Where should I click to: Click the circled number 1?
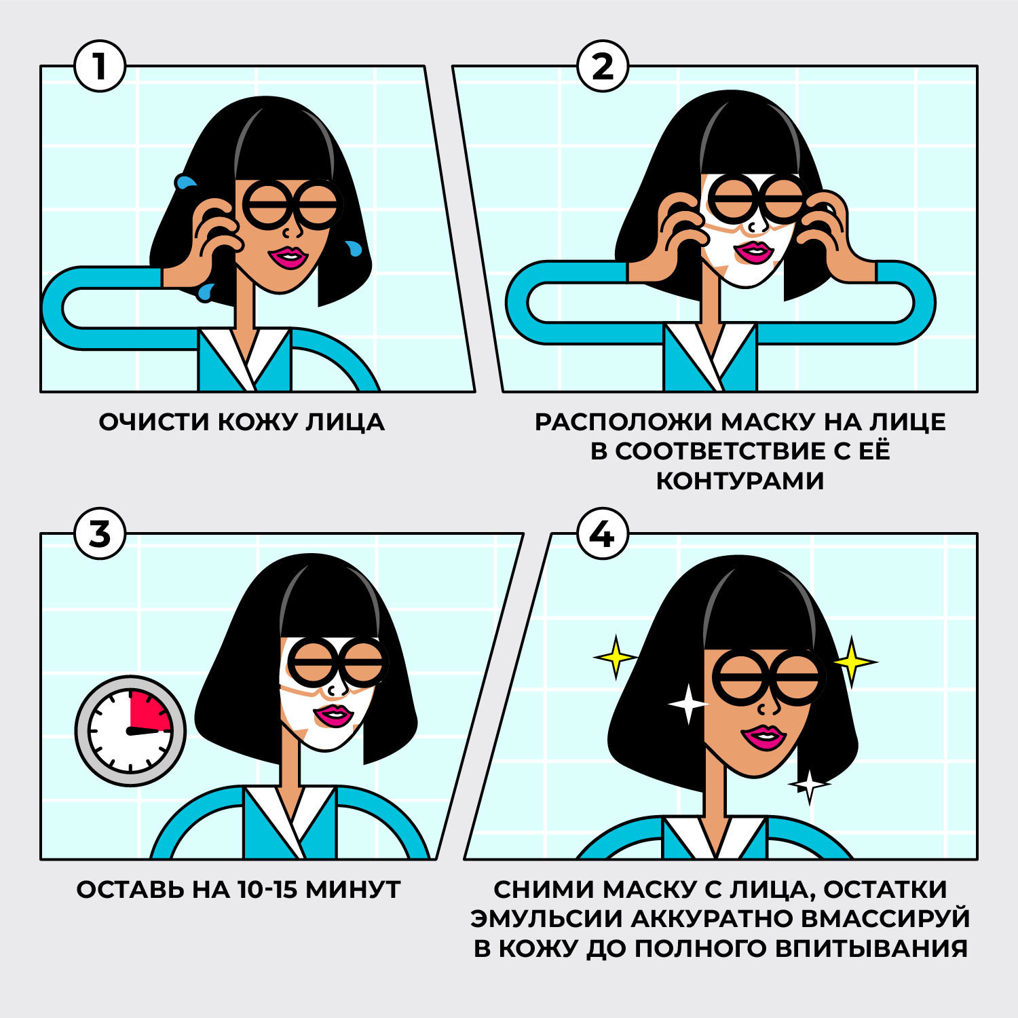coord(100,67)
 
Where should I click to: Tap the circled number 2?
coord(602,67)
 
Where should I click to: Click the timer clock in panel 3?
coord(130,731)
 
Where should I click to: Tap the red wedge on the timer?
coord(151,712)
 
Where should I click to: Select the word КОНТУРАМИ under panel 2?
coord(740,480)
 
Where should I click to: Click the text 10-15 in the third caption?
coord(267,889)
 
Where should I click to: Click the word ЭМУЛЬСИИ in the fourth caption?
coord(546,918)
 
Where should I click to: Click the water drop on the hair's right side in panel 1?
coord(354,248)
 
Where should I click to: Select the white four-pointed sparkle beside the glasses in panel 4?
coord(687,704)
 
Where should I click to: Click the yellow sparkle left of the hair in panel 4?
coord(615,657)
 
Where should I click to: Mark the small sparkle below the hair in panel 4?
coord(809,785)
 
